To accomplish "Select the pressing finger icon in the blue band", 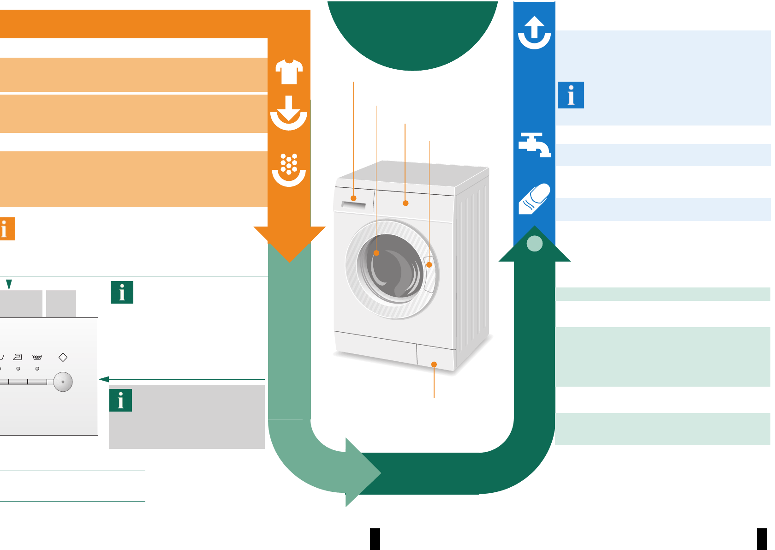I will point(534,199).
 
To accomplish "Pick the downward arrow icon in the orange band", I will point(289,113).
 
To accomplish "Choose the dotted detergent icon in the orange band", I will point(289,170).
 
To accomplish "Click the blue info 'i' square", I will point(571,95).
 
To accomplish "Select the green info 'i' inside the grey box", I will point(120,400).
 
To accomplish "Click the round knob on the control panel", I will point(63,382).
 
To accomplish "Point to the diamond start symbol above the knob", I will point(63,357).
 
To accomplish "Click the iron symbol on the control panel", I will point(18,357).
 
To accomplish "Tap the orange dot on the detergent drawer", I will point(353,198).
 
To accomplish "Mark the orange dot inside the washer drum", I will point(376,253).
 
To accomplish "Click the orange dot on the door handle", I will point(429,265).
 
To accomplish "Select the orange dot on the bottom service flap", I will point(434,365).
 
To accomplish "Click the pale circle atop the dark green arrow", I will point(534,243).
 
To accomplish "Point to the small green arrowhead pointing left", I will point(104,379).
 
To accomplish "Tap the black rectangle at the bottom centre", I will point(375,539).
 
